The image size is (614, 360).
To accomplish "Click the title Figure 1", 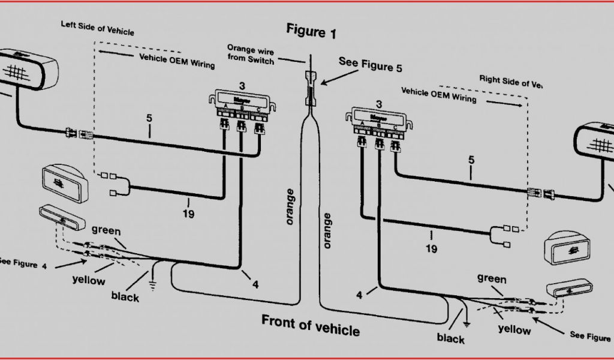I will pos(311,31).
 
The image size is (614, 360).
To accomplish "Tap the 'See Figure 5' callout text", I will pos(370,64).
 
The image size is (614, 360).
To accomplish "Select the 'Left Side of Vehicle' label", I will pos(97,28).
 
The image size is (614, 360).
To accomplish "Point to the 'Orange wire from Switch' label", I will pos(250,53).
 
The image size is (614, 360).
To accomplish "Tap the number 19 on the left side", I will pos(188,213).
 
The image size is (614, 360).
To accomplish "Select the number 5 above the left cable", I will pos(149,118).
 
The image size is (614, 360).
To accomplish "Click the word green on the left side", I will pos(106,230).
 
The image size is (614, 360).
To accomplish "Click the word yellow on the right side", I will pos(514,329).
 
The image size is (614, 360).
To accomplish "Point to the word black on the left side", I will pos(125,296).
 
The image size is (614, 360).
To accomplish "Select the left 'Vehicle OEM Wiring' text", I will pos(177,61).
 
